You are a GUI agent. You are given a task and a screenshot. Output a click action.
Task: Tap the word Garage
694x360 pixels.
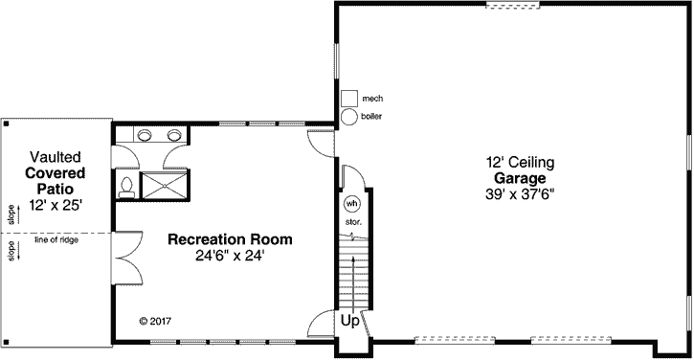coord(520,179)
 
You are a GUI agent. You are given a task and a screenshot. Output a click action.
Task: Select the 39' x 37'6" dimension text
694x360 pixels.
coord(520,194)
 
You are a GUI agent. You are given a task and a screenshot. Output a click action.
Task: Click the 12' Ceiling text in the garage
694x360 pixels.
coord(520,164)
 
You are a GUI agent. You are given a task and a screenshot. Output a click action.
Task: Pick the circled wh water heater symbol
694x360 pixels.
coord(351,204)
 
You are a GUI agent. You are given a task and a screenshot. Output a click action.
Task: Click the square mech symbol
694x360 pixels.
coord(349,98)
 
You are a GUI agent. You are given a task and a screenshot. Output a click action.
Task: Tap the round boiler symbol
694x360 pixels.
coord(349,116)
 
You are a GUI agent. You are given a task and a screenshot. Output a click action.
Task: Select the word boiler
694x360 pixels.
coord(372,117)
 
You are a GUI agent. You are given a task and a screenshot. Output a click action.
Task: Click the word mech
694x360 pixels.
coord(372,98)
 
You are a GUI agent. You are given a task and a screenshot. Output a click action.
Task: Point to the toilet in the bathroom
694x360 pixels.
coord(126,186)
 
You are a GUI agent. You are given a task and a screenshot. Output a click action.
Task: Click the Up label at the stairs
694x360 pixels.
coord(350,322)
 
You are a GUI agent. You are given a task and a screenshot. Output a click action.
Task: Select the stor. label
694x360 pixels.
coord(351,222)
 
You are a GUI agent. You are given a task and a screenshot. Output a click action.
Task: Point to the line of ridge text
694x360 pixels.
coord(56,239)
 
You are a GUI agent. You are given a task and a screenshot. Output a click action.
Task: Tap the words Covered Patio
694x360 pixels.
coord(56,181)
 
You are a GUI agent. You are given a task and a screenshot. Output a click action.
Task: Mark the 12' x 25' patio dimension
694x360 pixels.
coord(56,206)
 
